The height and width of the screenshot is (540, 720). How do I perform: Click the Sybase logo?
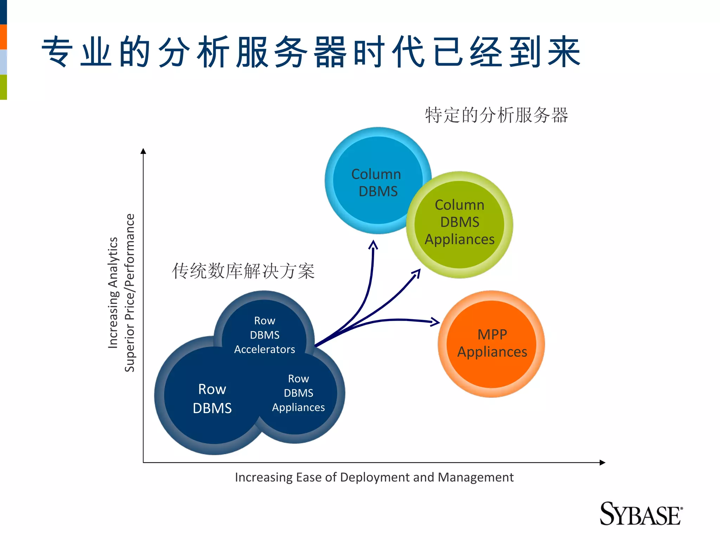641,514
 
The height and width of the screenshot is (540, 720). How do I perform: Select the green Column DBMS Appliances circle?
459,225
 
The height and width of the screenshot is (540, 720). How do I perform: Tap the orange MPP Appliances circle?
491,344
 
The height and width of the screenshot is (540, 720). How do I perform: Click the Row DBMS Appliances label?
298,393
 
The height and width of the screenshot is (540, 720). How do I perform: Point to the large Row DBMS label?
212,399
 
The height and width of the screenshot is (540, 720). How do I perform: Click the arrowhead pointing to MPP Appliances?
436,321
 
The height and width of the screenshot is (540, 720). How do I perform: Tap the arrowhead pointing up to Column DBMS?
373,244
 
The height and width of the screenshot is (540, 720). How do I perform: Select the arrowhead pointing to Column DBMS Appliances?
418,272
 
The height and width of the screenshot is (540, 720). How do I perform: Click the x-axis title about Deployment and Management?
374,477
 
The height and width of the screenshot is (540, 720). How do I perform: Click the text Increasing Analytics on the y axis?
113,292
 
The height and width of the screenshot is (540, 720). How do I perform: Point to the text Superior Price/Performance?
130,292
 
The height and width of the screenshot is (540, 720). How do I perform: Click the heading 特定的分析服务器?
496,115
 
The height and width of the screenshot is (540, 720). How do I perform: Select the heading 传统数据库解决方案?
243,271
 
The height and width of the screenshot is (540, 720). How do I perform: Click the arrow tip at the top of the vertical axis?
143,151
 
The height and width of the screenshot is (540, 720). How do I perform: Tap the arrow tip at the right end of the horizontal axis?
603,462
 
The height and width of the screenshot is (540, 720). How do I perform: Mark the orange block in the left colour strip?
3,37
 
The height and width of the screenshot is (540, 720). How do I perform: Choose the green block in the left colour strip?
3,87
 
